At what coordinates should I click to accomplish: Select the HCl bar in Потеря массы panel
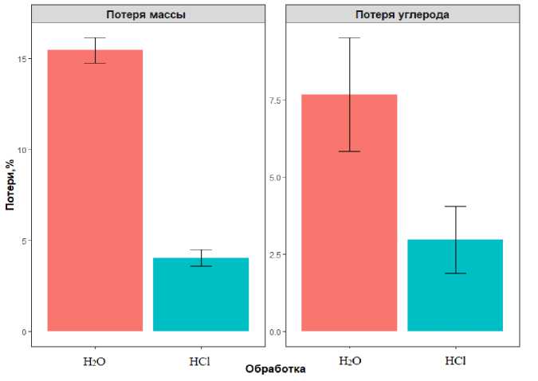pyautogui.click(x=201, y=294)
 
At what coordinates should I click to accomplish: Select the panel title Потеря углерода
pyautogui.click(x=403, y=14)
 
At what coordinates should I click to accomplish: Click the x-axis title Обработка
pyautogui.click(x=275, y=369)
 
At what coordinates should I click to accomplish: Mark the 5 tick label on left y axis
pyautogui.click(x=22, y=241)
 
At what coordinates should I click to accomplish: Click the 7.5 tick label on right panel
pyautogui.click(x=273, y=100)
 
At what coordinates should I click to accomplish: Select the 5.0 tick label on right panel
pyautogui.click(x=273, y=178)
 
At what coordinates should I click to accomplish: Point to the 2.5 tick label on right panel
pyautogui.click(x=273, y=254)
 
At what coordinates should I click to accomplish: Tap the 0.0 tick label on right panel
pyautogui.click(x=273, y=332)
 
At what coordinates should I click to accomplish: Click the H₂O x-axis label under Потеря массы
pyautogui.click(x=95, y=361)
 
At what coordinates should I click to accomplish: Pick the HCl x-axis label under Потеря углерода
pyautogui.click(x=455, y=361)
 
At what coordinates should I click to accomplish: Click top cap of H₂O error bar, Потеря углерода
pyautogui.click(x=349, y=38)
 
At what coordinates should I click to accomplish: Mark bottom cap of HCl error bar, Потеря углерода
pyautogui.click(x=455, y=273)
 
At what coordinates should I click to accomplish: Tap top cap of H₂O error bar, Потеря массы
pyautogui.click(x=95, y=38)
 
